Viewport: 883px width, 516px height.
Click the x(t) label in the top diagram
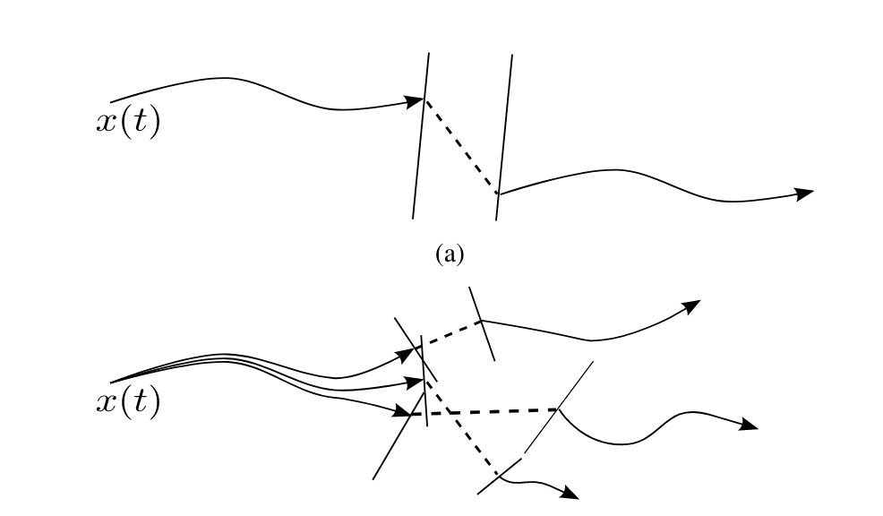pyautogui.click(x=127, y=123)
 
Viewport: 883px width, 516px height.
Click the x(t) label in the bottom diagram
pyautogui.click(x=127, y=403)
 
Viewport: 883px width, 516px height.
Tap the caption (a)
pyautogui.click(x=450, y=255)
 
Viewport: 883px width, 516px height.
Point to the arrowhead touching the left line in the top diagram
pyautogui.click(x=415, y=101)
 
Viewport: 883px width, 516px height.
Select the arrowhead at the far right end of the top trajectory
pyautogui.click(x=803, y=193)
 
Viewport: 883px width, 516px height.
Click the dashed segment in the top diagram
pyautogui.click(x=461, y=146)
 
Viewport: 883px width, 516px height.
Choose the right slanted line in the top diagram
pyautogui.click(x=504, y=134)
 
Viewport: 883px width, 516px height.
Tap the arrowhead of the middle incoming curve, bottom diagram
pyautogui.click(x=415, y=383)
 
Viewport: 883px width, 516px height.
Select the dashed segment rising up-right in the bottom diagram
pyautogui.click(x=452, y=333)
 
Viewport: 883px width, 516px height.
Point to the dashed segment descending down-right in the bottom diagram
pyautogui.click(x=461, y=426)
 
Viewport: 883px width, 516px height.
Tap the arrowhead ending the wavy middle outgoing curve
pyautogui.click(x=748, y=426)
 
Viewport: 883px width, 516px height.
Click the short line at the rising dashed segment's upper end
pyautogui.click(x=482, y=323)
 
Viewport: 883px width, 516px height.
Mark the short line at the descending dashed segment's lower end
pyautogui.click(x=500, y=475)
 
